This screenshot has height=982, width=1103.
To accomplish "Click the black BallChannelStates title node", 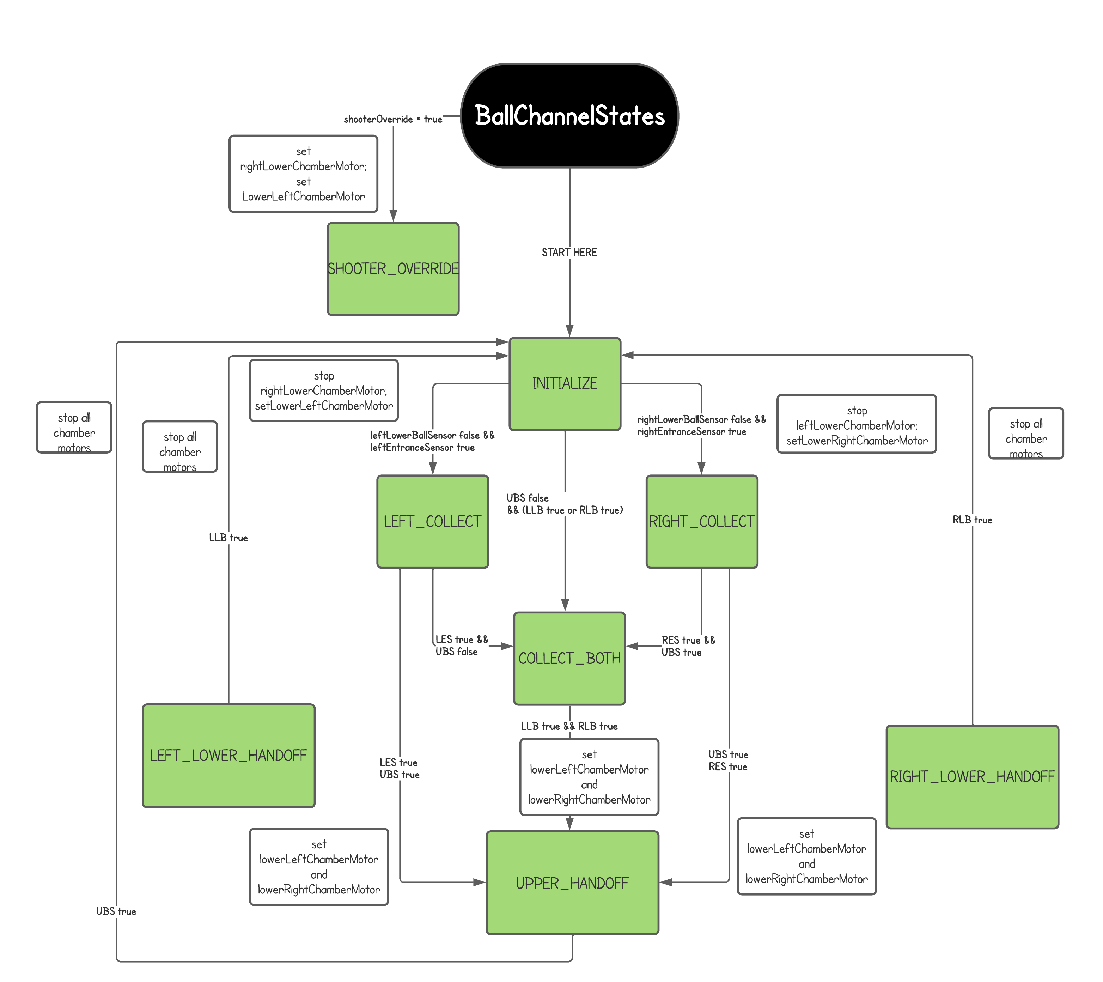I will [x=569, y=116].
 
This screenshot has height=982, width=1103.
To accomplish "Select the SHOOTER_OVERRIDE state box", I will [x=393, y=268].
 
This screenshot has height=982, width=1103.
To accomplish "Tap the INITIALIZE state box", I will [x=565, y=384].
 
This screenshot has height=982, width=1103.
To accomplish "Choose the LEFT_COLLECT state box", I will [x=432, y=521].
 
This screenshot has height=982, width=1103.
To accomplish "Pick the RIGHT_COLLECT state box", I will [x=701, y=521].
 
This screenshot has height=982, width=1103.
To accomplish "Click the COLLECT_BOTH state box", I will [x=569, y=658].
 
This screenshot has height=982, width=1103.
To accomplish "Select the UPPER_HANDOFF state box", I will [x=572, y=883].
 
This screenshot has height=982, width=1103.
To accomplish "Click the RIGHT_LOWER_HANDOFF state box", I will [x=972, y=776].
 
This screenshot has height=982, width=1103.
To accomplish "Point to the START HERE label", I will [x=569, y=253].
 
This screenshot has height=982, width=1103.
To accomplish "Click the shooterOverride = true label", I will [x=393, y=119].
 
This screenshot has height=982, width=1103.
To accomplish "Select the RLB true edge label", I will [x=972, y=520].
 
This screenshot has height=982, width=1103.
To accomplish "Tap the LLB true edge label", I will [x=228, y=538].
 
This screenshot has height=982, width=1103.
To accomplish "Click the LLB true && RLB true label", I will [x=569, y=726].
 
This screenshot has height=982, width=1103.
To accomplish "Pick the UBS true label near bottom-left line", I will [x=116, y=911].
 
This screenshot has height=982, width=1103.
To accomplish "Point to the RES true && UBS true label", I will [x=688, y=646].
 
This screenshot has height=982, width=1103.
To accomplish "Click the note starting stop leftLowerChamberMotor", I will [x=857, y=425].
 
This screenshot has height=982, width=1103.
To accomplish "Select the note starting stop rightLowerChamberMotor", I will [x=324, y=390].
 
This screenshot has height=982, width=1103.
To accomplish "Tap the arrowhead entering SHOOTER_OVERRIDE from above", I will [x=394, y=216].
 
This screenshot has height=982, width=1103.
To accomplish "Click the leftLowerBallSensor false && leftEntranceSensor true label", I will [x=432, y=441].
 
